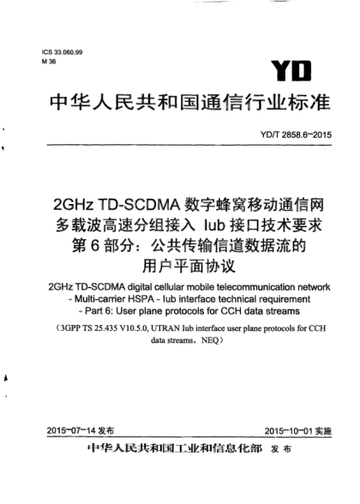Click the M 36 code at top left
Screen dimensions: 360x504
[47, 63]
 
